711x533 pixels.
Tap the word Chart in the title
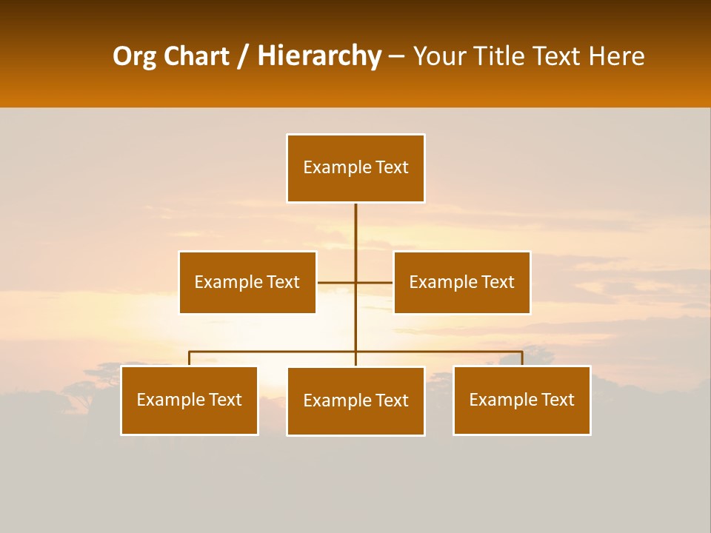coord(193,56)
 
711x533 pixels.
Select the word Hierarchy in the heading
coord(318,56)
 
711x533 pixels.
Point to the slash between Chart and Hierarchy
coord(243,56)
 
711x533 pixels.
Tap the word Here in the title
coord(616,56)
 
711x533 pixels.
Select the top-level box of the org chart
coord(355,168)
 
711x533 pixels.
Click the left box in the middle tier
coord(247,282)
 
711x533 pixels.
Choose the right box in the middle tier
coord(462,282)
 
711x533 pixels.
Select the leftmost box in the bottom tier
coord(190,400)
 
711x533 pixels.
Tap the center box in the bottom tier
coord(355,401)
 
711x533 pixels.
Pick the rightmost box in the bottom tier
coord(522,400)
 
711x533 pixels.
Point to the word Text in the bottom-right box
coord(557,400)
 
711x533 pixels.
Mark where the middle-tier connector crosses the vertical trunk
coord(355,282)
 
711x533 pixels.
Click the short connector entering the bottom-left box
coord(190,358)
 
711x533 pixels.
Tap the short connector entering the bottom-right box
coord(522,358)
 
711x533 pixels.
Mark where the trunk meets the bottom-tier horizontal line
coord(355,352)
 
